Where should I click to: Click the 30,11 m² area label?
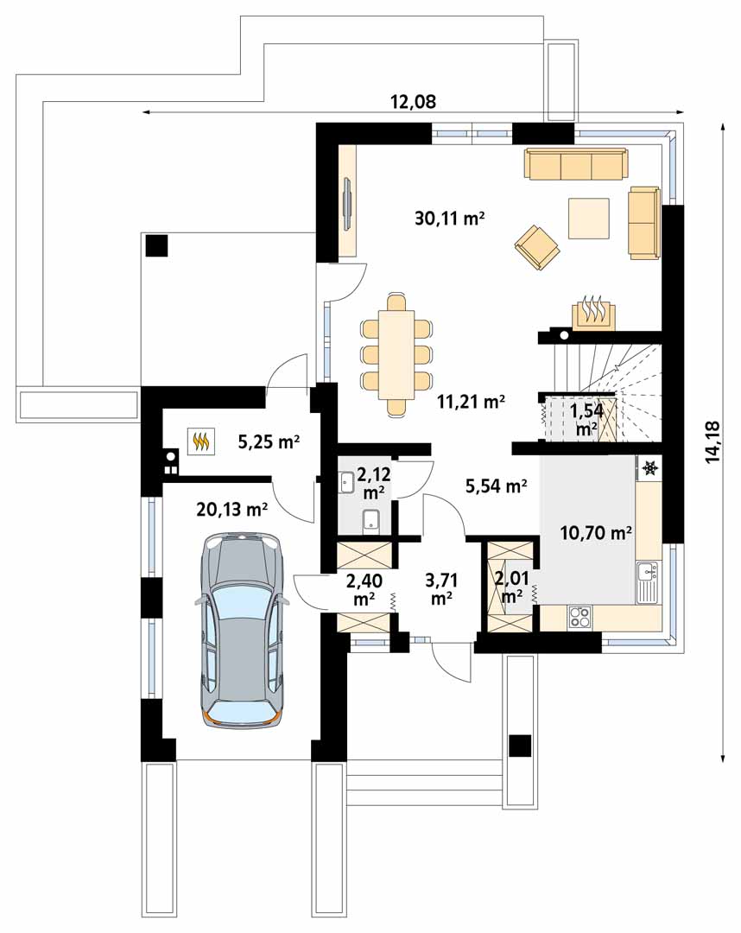pyautogui.click(x=450, y=219)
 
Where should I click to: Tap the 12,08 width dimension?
pyautogui.click(x=413, y=102)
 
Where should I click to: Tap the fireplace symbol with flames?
pyautogui.click(x=593, y=312)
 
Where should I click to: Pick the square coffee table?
pyautogui.click(x=589, y=218)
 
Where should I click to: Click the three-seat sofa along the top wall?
pyautogui.click(x=576, y=163)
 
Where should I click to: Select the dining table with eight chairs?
pyautogui.click(x=396, y=354)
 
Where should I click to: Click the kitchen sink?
pyautogui.click(x=648, y=582)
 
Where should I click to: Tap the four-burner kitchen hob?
pyautogui.click(x=579, y=617)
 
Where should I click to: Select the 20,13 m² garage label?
pyautogui.click(x=232, y=510)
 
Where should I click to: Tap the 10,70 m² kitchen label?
pyautogui.click(x=596, y=532)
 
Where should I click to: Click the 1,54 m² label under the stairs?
pyautogui.click(x=586, y=419)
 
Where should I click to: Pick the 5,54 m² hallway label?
pyautogui.click(x=496, y=486)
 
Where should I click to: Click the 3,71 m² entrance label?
pyautogui.click(x=440, y=588)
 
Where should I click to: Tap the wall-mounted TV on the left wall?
pyautogui.click(x=348, y=201)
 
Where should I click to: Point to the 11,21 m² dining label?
pyautogui.click(x=471, y=403)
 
